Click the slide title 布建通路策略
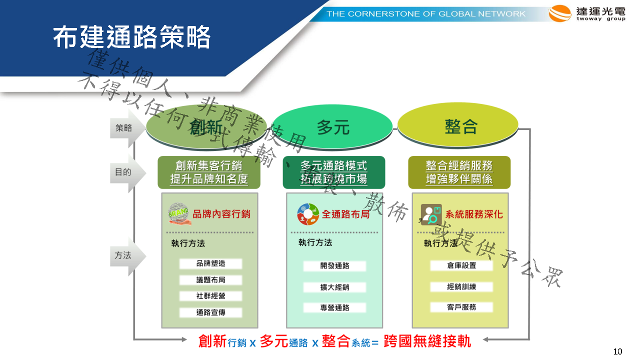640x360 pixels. (x=131, y=37)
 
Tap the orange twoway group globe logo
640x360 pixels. (x=559, y=13)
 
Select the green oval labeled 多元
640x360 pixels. (x=333, y=127)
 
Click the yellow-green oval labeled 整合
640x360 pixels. (x=458, y=125)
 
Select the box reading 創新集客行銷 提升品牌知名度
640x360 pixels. (x=209, y=172)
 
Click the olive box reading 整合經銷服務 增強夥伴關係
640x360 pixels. (x=459, y=172)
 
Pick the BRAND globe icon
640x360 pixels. (x=179, y=214)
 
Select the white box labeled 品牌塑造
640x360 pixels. (x=210, y=263)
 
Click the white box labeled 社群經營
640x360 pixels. (x=210, y=296)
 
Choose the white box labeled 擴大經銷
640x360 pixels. (x=334, y=287)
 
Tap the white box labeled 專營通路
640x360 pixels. (x=334, y=307)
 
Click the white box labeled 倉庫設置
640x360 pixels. (x=461, y=265)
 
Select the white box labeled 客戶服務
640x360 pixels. (x=461, y=307)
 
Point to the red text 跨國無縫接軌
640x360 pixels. (x=427, y=341)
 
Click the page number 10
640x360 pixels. (x=617, y=351)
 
